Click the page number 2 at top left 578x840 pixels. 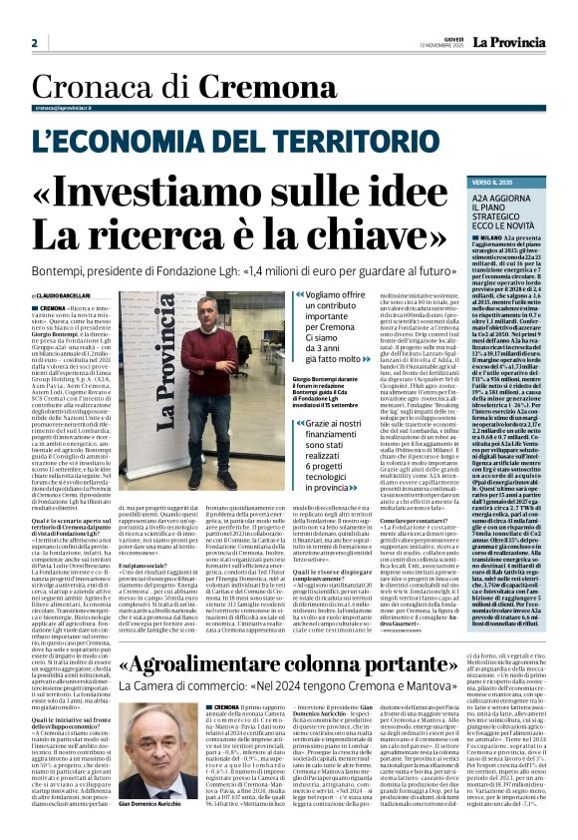35,43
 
